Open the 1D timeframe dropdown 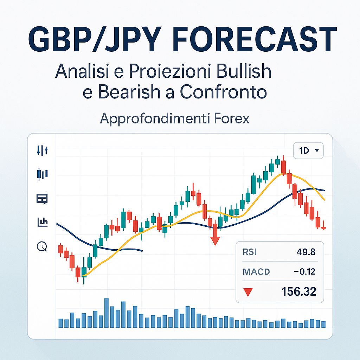point(308,150)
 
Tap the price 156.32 point(299,291)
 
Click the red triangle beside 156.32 point(248,292)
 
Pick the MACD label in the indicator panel point(256,271)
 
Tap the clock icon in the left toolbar point(42,246)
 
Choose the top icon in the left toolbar point(42,150)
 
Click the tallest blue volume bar point(107,313)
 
